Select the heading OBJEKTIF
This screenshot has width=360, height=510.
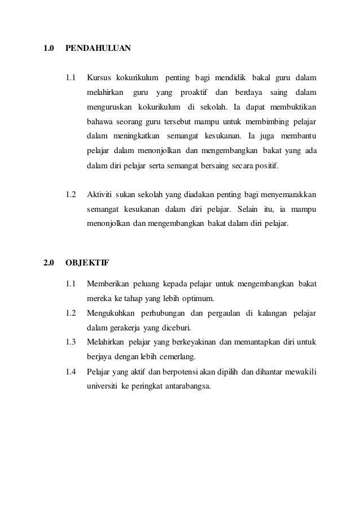[x=87, y=262]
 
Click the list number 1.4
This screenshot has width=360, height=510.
[x=71, y=372]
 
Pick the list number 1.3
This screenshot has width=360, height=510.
[x=71, y=342]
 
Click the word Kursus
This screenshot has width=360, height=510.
[x=99, y=77]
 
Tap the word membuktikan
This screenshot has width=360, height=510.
[x=289, y=107]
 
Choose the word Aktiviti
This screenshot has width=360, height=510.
[x=100, y=195]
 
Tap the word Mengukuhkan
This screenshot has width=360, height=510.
[x=110, y=313]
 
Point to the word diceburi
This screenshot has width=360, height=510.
[x=177, y=328]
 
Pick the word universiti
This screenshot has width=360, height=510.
[x=102, y=386]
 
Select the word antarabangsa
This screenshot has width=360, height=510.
[x=185, y=386]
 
